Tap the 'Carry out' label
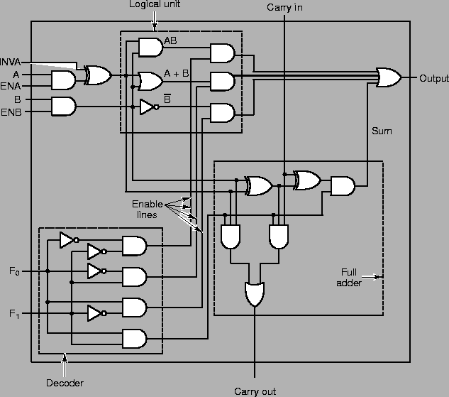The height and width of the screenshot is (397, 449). coord(255,391)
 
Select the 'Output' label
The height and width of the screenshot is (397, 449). coord(433,77)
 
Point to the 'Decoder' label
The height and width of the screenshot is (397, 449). coord(65,383)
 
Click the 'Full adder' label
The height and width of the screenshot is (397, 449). coord(350,277)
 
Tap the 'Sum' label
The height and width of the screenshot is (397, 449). coord(382,131)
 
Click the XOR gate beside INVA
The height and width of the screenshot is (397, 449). coord(98,75)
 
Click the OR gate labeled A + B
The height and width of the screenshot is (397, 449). coord(150,82)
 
